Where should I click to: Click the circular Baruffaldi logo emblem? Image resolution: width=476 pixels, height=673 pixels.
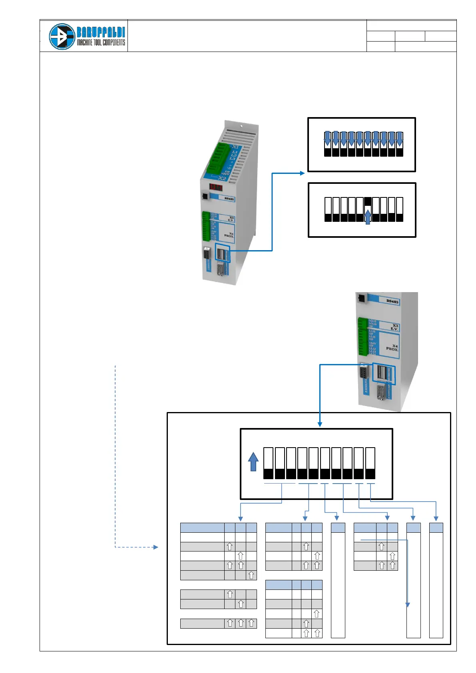coord(62,36)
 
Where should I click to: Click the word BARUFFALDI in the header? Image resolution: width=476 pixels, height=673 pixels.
coord(101,32)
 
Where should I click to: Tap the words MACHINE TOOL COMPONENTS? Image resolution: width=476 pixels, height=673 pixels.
coord(101,42)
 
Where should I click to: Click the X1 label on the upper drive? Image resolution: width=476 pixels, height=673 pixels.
coord(235,147)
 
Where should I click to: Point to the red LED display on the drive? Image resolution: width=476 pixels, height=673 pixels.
coord(216,187)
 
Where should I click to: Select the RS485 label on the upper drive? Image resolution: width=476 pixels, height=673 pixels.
coord(229,199)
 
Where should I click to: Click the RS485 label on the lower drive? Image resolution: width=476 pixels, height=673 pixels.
coord(392,301)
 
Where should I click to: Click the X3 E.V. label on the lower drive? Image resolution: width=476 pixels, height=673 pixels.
coord(394,327)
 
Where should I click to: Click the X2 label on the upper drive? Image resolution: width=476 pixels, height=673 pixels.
coord(222,178)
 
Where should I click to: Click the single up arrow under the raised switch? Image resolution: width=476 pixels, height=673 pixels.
coord(368,218)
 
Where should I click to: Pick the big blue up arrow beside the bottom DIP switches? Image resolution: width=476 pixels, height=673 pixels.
coord(253,462)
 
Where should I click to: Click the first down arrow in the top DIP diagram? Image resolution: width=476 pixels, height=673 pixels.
coord(327,139)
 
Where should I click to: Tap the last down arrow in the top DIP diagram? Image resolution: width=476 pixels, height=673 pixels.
coord(399,139)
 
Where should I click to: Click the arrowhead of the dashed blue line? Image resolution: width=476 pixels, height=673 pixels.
coord(156,547)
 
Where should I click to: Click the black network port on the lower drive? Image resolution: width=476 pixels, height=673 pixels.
coord(361,297)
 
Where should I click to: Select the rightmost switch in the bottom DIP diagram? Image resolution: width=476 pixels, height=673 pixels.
coord(370,463)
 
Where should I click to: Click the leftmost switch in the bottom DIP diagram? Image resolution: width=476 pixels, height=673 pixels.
coord(268,463)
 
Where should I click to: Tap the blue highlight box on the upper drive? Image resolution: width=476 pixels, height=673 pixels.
coord(223,253)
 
